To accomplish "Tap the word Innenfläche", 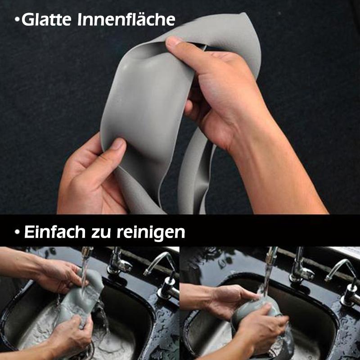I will pos(126,19).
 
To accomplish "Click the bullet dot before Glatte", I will pos(17,20).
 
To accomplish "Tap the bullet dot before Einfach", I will pos(17,232).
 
